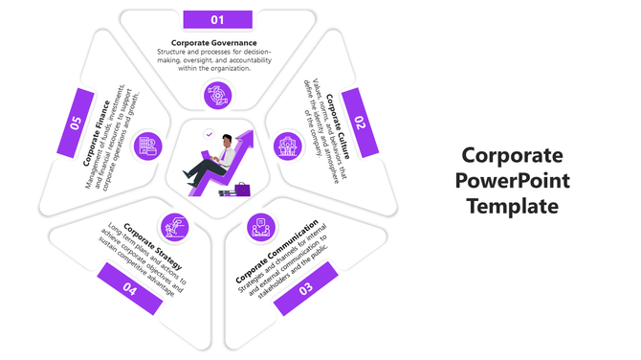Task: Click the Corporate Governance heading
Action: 214,43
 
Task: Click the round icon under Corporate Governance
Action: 216,95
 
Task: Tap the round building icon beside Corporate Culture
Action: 285,146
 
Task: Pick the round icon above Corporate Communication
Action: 259,227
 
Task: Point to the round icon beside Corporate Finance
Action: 147,146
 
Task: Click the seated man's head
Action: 226,142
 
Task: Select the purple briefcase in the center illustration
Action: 241,189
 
